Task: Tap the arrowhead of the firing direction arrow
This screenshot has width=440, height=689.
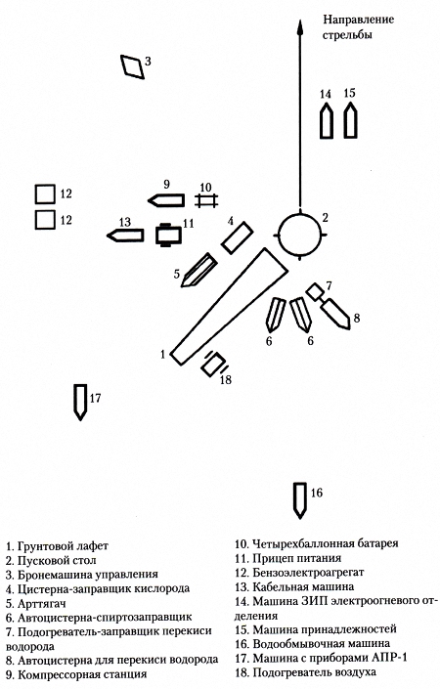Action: tap(300, 27)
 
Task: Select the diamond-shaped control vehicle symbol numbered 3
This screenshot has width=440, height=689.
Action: tap(133, 67)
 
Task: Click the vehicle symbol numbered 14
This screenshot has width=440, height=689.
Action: tap(327, 120)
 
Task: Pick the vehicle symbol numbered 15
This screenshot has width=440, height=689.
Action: tap(350, 120)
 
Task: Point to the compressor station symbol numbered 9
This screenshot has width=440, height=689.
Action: tap(166, 200)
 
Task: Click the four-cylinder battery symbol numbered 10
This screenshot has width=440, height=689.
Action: tap(207, 200)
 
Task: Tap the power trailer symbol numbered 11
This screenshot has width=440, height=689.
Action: tap(168, 235)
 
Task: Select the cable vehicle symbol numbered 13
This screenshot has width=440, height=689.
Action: tap(125, 236)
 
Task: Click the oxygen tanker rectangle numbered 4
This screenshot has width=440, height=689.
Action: tap(238, 238)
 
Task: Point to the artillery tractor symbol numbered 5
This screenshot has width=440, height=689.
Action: tap(198, 270)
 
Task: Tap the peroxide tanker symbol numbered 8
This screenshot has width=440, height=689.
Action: tap(336, 314)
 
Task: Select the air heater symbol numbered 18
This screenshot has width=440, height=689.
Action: tap(214, 365)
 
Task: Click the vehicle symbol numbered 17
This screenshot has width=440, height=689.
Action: tap(80, 402)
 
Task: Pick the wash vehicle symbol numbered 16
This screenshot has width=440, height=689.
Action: tap(300, 500)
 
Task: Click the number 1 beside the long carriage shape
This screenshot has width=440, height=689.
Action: tap(163, 354)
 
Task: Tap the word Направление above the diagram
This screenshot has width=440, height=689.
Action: tap(359, 20)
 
